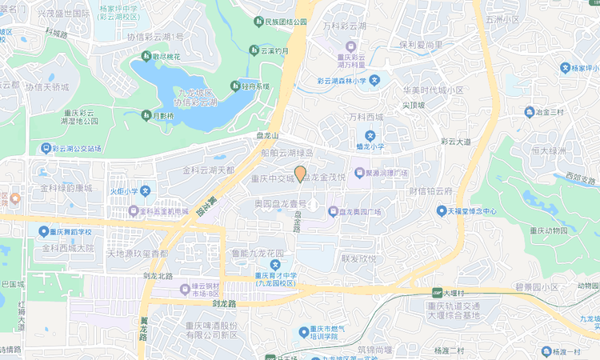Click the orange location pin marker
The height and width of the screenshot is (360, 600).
300,174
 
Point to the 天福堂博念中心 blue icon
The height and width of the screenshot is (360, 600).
441,211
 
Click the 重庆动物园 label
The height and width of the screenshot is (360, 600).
548,230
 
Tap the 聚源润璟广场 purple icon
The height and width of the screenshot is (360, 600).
359,173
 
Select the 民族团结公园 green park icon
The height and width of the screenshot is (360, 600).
258,22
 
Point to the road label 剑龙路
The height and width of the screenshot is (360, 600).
225,304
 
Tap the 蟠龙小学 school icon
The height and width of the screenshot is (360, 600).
370,136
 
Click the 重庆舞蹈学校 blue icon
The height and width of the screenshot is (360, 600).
43,231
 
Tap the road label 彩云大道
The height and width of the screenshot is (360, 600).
456,142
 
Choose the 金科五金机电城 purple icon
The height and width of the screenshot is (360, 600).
133,212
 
